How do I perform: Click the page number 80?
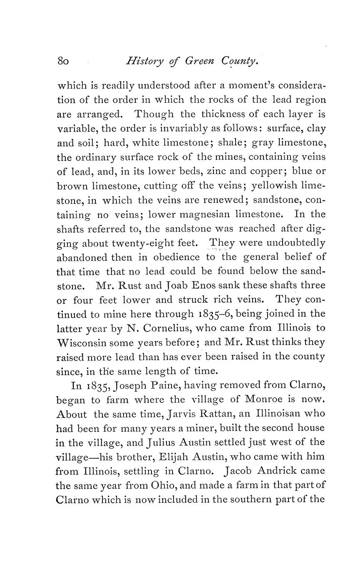tap(63, 62)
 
